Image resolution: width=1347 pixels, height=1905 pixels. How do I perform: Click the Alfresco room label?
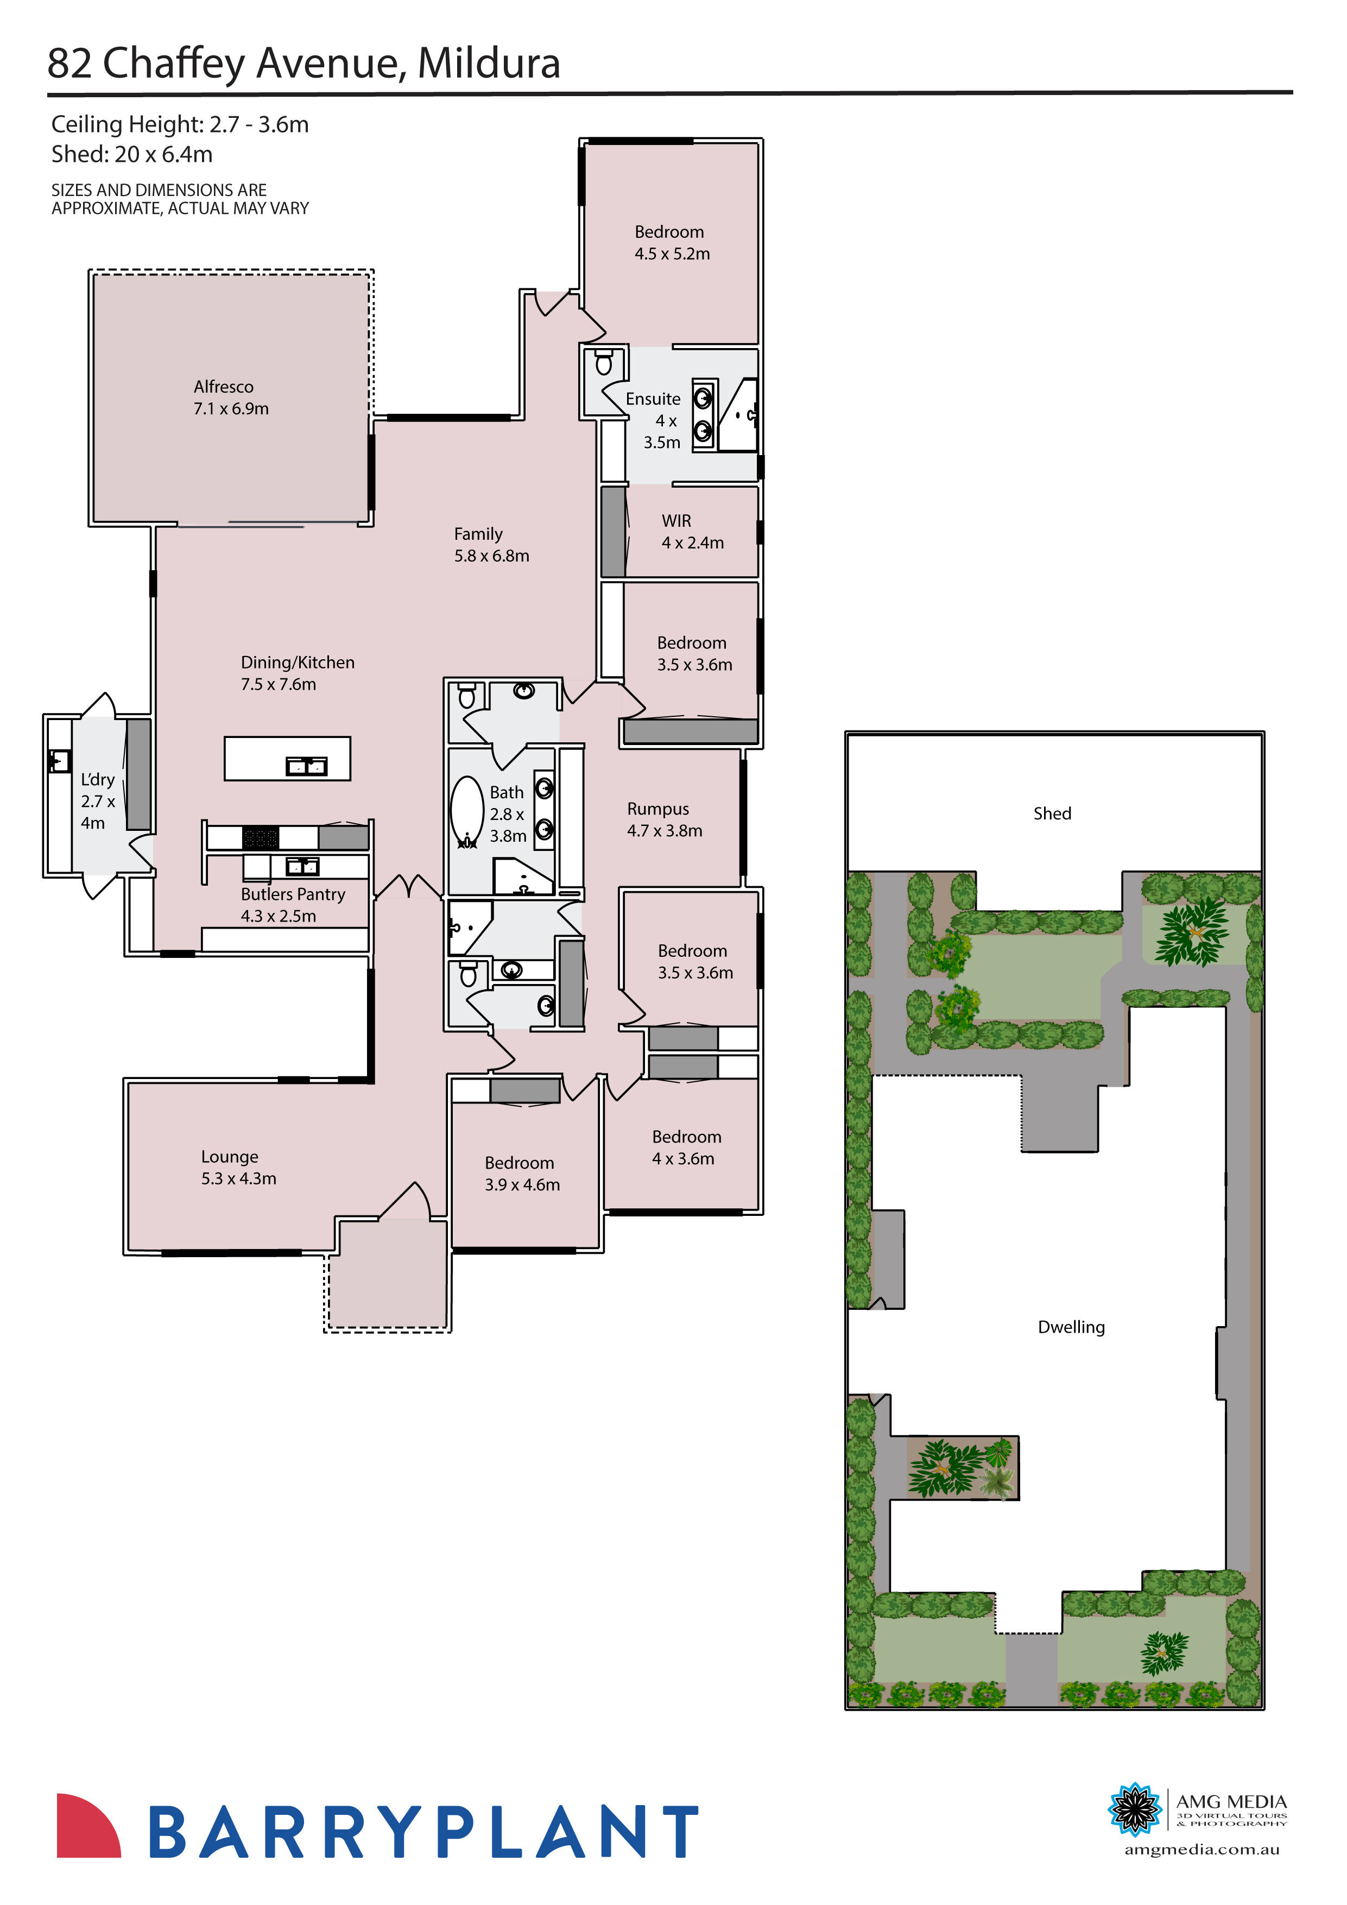pyautogui.click(x=231, y=398)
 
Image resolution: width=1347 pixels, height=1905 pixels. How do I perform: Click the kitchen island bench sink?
pyautogui.click(x=306, y=765)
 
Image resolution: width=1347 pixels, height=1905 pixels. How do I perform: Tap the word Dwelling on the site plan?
pyautogui.click(x=1071, y=1327)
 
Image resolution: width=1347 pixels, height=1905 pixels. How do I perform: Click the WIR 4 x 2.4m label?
pyautogui.click(x=692, y=532)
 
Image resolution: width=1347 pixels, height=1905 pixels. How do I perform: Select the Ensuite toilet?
pyautogui.click(x=604, y=363)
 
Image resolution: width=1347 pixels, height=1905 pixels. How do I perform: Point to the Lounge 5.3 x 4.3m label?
pyautogui.click(x=238, y=1168)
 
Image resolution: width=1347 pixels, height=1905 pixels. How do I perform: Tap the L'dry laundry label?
pyautogui.click(x=97, y=800)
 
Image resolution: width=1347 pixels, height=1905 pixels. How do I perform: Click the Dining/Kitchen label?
pyautogui.click(x=297, y=673)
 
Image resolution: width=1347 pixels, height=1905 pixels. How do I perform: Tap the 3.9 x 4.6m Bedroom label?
pyautogui.click(x=522, y=1173)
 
